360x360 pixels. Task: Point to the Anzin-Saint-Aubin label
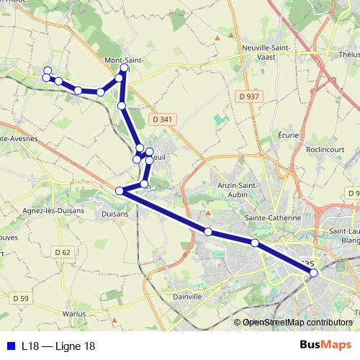[238, 189]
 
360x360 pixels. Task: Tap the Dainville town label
[186, 295]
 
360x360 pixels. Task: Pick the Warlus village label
[74, 313]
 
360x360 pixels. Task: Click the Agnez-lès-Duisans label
[54, 211]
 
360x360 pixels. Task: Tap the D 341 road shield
[163, 120]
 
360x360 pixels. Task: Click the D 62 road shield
[63, 252]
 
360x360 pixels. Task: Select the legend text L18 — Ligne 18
[58, 346]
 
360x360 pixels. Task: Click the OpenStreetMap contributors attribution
[297, 323]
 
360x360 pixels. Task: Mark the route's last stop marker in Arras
[313, 273]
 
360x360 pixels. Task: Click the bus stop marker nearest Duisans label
[120, 191]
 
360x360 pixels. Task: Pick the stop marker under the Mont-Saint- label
[125, 68]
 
